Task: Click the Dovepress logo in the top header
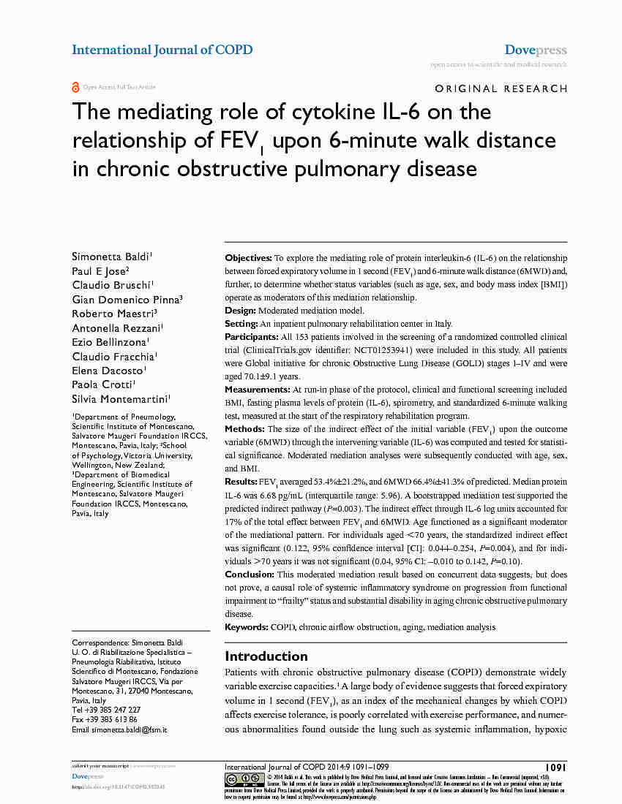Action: point(536,50)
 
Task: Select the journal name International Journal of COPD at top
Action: point(162,50)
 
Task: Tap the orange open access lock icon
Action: point(75,87)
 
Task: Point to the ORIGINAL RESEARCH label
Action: point(501,88)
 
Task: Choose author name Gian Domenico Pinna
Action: point(127,299)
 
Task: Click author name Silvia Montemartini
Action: point(121,398)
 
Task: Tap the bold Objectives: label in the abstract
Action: point(248,258)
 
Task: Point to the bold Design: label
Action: point(241,311)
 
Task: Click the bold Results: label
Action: point(241,482)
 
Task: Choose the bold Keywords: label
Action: point(247,627)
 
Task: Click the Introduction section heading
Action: point(266,656)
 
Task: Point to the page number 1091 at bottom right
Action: point(555,767)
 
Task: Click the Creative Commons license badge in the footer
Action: point(244,779)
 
